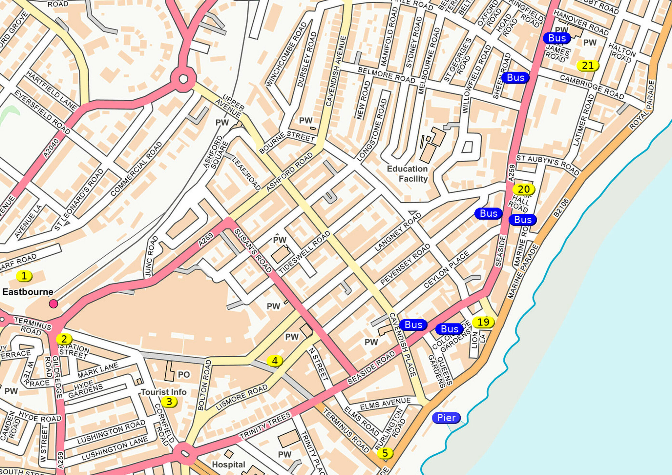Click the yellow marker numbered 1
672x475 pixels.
(x=24, y=276)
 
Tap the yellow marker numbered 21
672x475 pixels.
(x=588, y=66)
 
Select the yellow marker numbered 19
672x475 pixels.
(x=483, y=322)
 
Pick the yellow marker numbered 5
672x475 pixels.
(x=385, y=453)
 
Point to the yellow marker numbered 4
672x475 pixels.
(x=275, y=361)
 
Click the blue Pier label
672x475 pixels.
(x=446, y=418)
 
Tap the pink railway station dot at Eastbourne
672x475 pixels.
(x=53, y=304)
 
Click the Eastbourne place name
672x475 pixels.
(x=28, y=292)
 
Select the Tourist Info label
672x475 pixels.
(x=163, y=392)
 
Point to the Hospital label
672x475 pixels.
(x=228, y=465)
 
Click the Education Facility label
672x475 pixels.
(x=408, y=174)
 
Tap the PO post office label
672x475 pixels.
(x=184, y=375)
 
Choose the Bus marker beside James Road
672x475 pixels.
(x=557, y=38)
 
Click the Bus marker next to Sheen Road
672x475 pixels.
(x=515, y=78)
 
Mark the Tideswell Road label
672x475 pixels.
(x=304, y=252)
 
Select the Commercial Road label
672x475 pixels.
(x=136, y=169)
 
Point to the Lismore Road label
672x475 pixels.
(x=242, y=397)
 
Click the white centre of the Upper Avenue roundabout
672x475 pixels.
(x=183, y=79)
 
